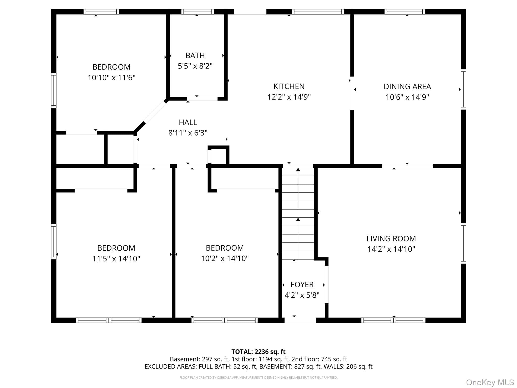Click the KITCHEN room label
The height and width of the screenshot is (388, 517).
click(289, 86)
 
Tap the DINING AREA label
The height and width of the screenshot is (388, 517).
click(407, 87)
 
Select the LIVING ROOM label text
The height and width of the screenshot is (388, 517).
click(391, 238)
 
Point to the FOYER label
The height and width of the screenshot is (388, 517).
click(302, 285)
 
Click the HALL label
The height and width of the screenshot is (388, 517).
click(188, 122)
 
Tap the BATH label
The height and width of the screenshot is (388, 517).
click(195, 55)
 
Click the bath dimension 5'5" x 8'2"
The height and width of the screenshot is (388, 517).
click(195, 66)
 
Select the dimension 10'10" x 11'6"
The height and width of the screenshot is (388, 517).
click(111, 78)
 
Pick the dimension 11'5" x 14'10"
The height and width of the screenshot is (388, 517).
click(116, 259)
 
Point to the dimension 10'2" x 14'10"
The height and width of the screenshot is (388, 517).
click(225, 258)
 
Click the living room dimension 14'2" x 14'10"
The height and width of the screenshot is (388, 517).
click(391, 249)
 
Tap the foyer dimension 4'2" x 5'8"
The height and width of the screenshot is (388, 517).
click(302, 295)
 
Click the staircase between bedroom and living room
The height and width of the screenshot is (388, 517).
click(298, 213)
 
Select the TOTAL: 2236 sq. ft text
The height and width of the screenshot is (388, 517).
click(258, 352)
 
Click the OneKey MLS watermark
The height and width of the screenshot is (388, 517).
click(490, 382)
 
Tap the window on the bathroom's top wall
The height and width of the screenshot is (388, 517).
click(197, 12)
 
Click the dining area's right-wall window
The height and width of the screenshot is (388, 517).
click(463, 89)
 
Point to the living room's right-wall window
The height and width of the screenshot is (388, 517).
click(463, 244)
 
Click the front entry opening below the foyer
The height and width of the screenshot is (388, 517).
click(300, 320)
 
